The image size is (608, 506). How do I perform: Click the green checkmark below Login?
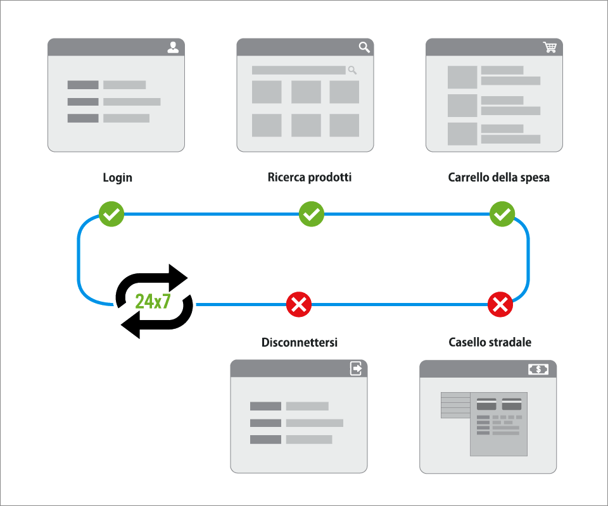(111, 214)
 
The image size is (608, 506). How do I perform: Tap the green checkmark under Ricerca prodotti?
(311, 214)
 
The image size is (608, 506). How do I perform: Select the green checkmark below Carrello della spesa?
(502, 214)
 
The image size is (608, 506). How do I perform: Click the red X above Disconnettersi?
(298, 305)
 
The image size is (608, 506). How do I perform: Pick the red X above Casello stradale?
(500, 305)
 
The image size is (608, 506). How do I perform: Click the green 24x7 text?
(153, 301)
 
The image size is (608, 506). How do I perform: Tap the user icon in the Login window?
(173, 47)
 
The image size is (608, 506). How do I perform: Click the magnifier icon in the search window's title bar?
(364, 47)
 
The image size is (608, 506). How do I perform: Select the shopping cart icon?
(550, 47)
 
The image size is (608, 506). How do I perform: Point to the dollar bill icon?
(538, 369)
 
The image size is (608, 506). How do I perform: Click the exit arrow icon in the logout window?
(357, 369)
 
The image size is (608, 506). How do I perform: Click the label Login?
(118, 178)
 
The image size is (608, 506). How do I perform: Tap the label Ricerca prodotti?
(310, 178)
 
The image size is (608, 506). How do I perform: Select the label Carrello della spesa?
(498, 178)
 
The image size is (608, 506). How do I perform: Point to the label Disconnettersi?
(300, 342)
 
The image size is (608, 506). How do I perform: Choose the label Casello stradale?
(490, 342)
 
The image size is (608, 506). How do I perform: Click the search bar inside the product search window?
(298, 70)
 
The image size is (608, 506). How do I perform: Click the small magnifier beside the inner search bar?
(353, 70)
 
